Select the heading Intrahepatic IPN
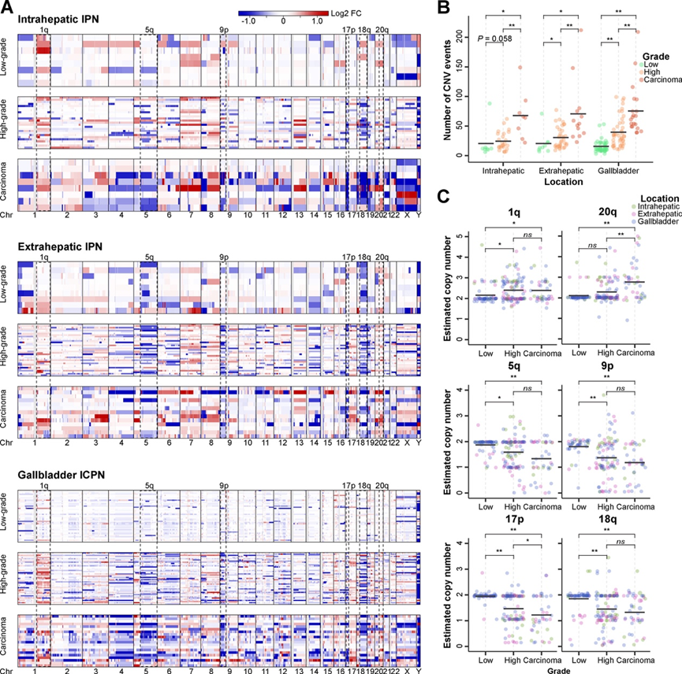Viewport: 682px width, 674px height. (54, 17)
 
